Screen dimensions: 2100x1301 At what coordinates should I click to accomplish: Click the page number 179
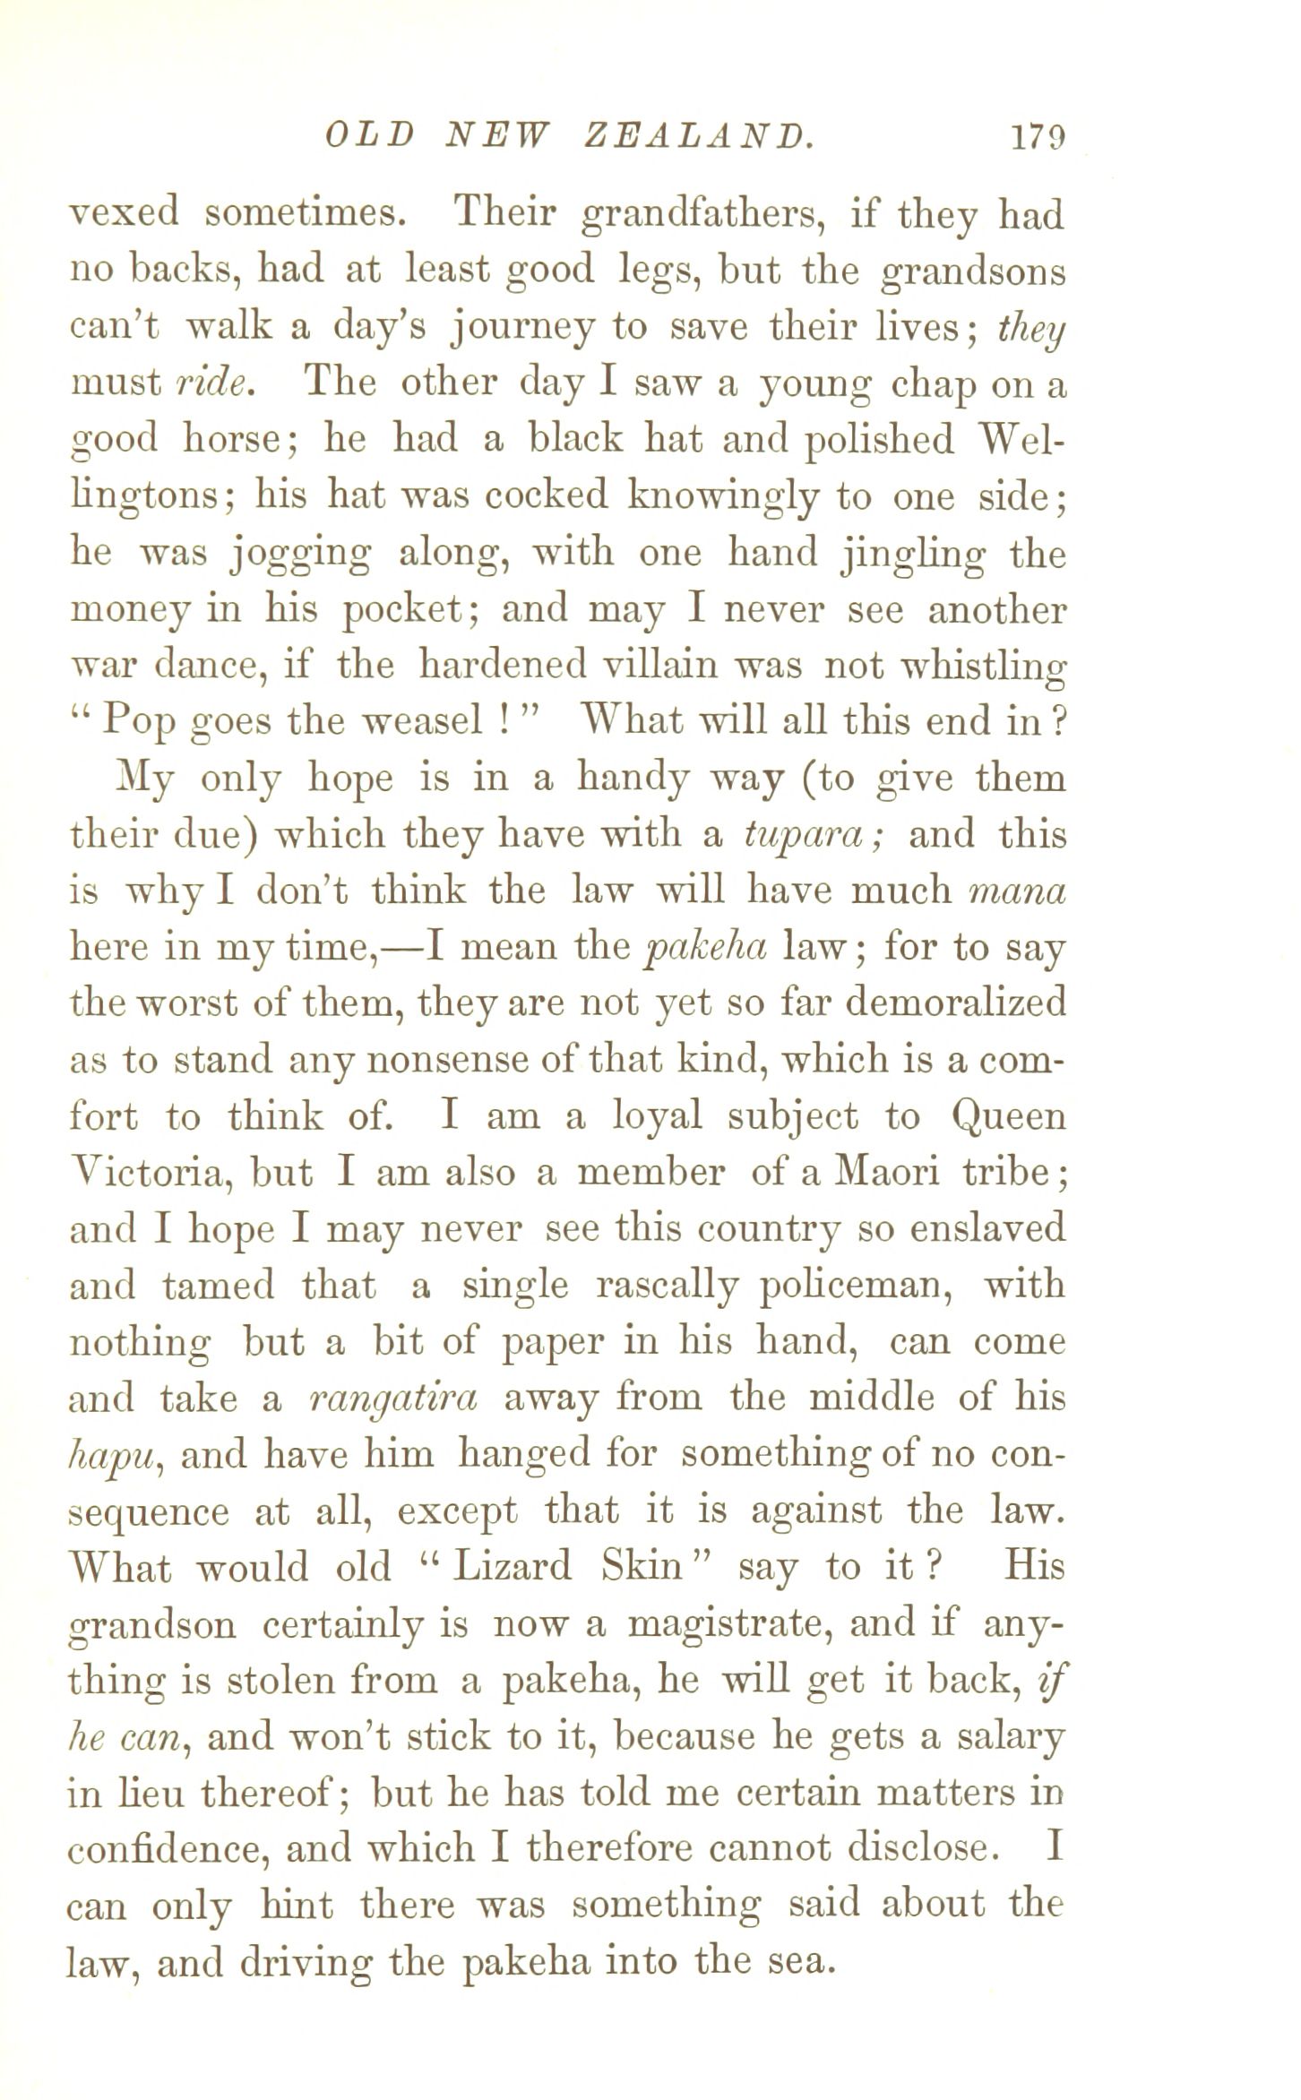click(x=1037, y=137)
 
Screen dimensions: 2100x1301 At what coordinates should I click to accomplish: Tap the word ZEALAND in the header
click(x=698, y=137)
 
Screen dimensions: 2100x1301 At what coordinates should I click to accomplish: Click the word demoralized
click(x=955, y=1003)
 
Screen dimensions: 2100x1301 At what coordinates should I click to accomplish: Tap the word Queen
click(x=1009, y=1118)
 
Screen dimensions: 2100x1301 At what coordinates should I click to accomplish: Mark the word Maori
click(x=886, y=1173)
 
